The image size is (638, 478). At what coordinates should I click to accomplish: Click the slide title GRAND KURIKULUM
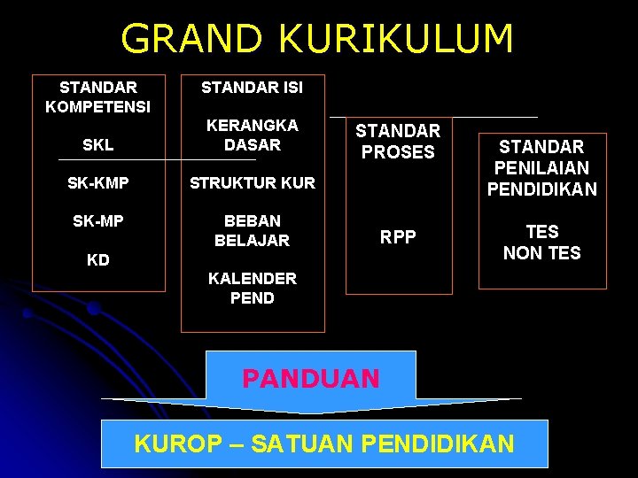pos(317,40)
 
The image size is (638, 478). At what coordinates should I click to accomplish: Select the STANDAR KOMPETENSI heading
pos(98,97)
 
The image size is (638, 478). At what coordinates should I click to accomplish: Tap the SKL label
pos(98,144)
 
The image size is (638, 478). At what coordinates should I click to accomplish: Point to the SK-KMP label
pos(98,183)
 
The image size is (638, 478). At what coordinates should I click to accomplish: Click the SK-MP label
pos(98,221)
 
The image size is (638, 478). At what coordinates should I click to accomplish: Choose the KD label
pos(98,261)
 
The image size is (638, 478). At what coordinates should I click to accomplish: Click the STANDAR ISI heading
pos(252,88)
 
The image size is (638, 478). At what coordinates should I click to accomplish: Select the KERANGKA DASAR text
pos(252,135)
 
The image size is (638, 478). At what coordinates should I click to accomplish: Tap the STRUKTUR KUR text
pos(252,183)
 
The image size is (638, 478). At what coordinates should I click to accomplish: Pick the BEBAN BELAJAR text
pos(252,230)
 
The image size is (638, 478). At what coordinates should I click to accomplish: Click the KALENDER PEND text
pos(252,288)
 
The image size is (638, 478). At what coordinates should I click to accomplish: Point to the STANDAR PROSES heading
pos(398,142)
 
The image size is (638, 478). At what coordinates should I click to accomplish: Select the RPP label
pos(398,236)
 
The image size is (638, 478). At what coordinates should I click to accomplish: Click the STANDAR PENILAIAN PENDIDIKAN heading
pos(542,167)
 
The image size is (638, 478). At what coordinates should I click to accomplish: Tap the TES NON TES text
pos(542,243)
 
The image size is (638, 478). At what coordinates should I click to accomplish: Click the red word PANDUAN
pos(311,379)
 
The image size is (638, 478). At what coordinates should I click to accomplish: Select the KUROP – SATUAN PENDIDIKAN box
pos(324,443)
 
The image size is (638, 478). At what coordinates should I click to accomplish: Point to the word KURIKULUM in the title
pos(396,40)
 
